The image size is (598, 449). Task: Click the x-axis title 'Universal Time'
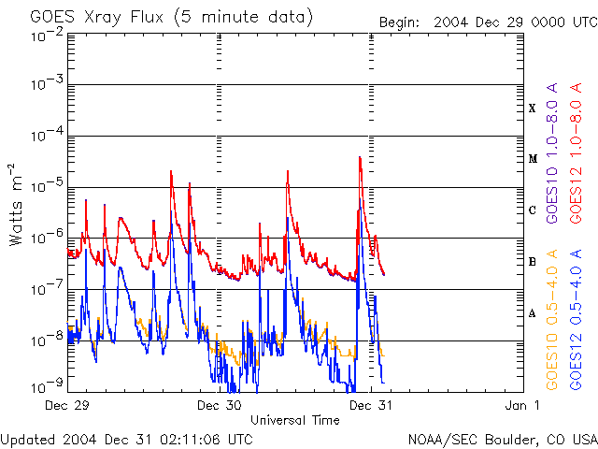(x=294, y=420)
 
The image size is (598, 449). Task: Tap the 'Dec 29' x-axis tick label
(x=68, y=405)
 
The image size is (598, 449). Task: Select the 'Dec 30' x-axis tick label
(x=221, y=405)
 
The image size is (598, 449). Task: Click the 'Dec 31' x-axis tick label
(x=372, y=405)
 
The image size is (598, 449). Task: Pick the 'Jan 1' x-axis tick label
(x=523, y=405)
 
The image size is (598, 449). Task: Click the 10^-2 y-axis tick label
(x=46, y=35)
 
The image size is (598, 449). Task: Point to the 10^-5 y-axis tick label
(x=46, y=187)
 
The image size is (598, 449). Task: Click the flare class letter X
(x=532, y=109)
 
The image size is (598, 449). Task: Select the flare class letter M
(x=532, y=159)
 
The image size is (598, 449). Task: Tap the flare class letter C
(x=532, y=210)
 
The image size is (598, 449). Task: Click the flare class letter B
(x=532, y=262)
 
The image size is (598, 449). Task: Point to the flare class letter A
(x=532, y=313)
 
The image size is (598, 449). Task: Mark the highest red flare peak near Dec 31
(x=360, y=157)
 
